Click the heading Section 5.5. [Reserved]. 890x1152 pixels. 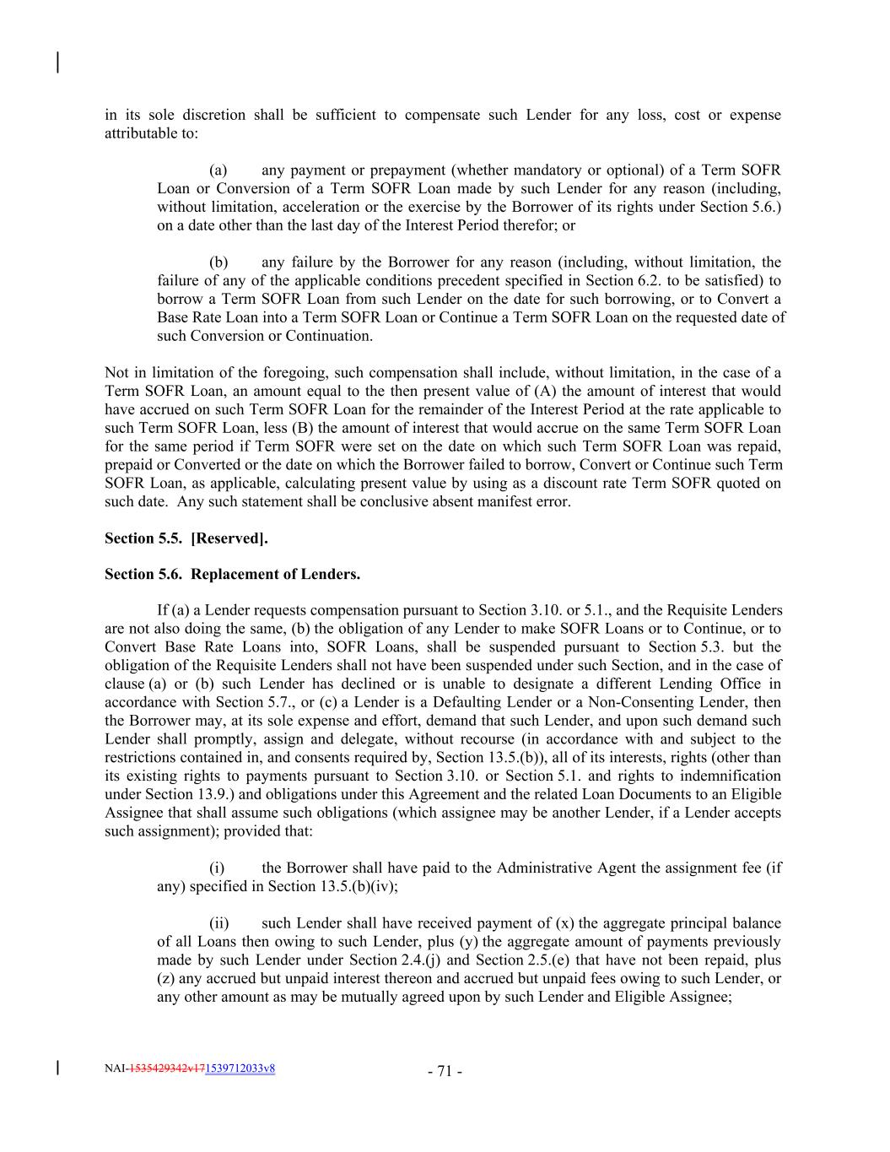186,538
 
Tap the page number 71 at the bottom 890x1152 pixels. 444,1072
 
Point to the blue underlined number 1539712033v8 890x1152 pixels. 240,1068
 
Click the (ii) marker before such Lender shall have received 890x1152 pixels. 219,922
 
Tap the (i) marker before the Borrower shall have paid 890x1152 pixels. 218,868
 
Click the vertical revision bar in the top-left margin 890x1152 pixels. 57,62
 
